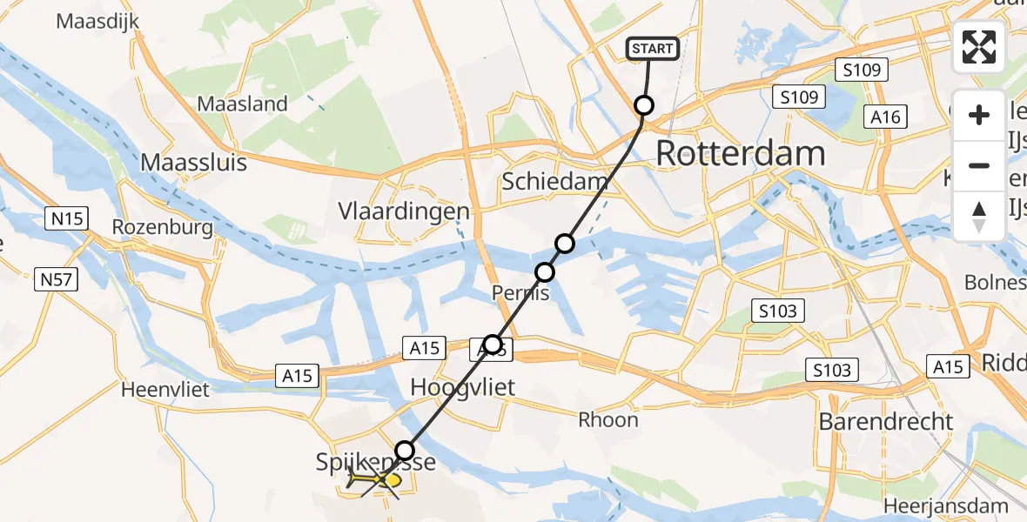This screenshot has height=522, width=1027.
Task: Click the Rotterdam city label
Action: pyautogui.click(x=740, y=154)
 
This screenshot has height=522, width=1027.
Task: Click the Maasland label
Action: pyautogui.click(x=242, y=104)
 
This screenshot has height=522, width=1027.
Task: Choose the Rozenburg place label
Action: pyautogui.click(x=163, y=228)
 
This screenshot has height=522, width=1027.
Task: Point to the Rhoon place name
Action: pyautogui.click(x=608, y=420)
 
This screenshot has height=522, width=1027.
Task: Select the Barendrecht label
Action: pyautogui.click(x=886, y=422)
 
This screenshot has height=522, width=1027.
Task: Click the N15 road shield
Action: pyautogui.click(x=68, y=218)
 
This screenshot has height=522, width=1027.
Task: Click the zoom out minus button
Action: pyautogui.click(x=979, y=165)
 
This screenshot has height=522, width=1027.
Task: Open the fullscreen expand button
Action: pyautogui.click(x=979, y=47)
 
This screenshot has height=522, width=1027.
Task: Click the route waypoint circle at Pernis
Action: pyautogui.click(x=545, y=272)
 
